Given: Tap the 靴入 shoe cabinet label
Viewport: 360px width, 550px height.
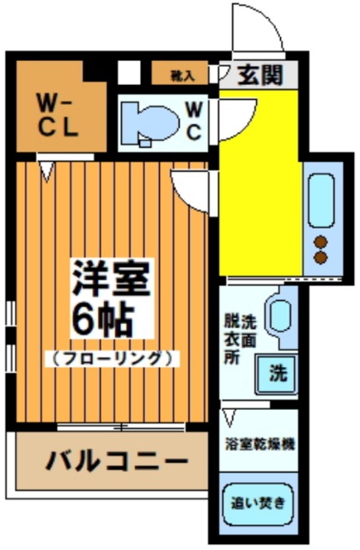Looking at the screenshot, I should click(x=183, y=76).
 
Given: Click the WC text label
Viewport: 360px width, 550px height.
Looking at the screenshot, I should click(x=193, y=120).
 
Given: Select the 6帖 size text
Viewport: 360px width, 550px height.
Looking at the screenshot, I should click(x=103, y=319).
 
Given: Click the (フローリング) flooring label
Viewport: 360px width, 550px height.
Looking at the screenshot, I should click(x=112, y=356).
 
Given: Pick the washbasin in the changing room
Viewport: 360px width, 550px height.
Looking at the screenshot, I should click(x=279, y=315).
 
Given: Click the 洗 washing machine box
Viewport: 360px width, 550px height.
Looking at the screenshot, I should click(x=277, y=372).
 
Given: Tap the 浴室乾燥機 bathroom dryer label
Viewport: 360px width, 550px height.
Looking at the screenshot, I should click(x=259, y=446).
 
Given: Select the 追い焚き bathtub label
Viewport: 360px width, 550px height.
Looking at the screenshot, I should click(x=259, y=501).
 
